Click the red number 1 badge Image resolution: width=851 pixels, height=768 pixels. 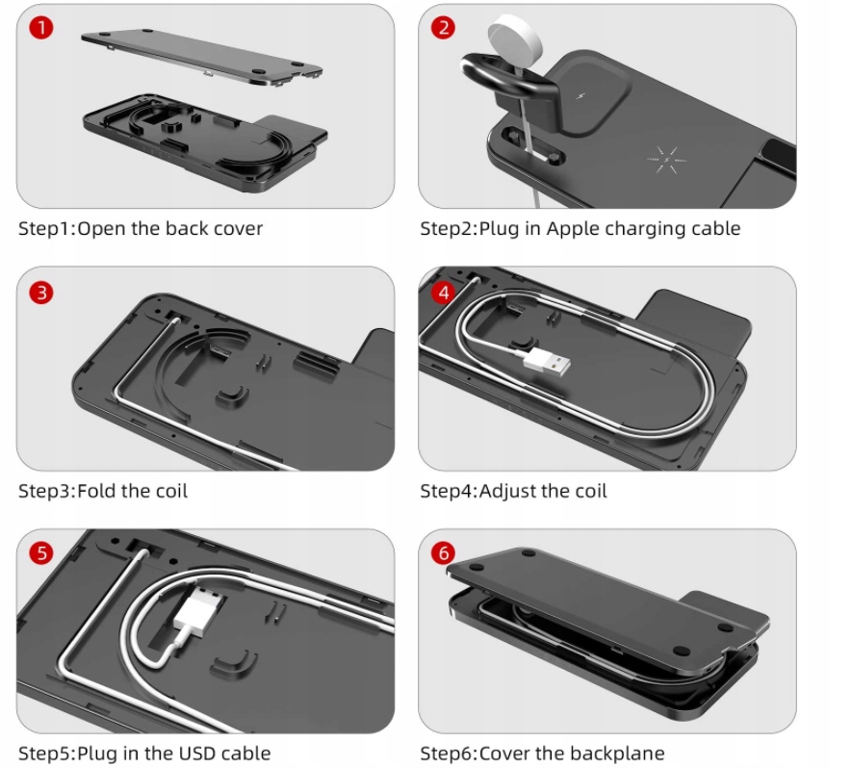coord(41,27)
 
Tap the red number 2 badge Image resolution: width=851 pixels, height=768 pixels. coord(443,27)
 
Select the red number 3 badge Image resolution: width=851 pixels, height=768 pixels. coord(41,293)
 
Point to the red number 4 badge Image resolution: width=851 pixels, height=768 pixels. coord(443,293)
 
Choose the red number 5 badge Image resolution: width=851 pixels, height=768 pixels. coord(41,553)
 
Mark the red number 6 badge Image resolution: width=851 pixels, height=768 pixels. coord(443,553)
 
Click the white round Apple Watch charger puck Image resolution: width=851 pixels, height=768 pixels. coord(514,34)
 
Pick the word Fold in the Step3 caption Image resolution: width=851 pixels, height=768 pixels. coord(97,491)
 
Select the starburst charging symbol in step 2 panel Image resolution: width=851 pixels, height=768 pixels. coord(667,160)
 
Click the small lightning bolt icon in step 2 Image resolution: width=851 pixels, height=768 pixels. coord(580,96)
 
